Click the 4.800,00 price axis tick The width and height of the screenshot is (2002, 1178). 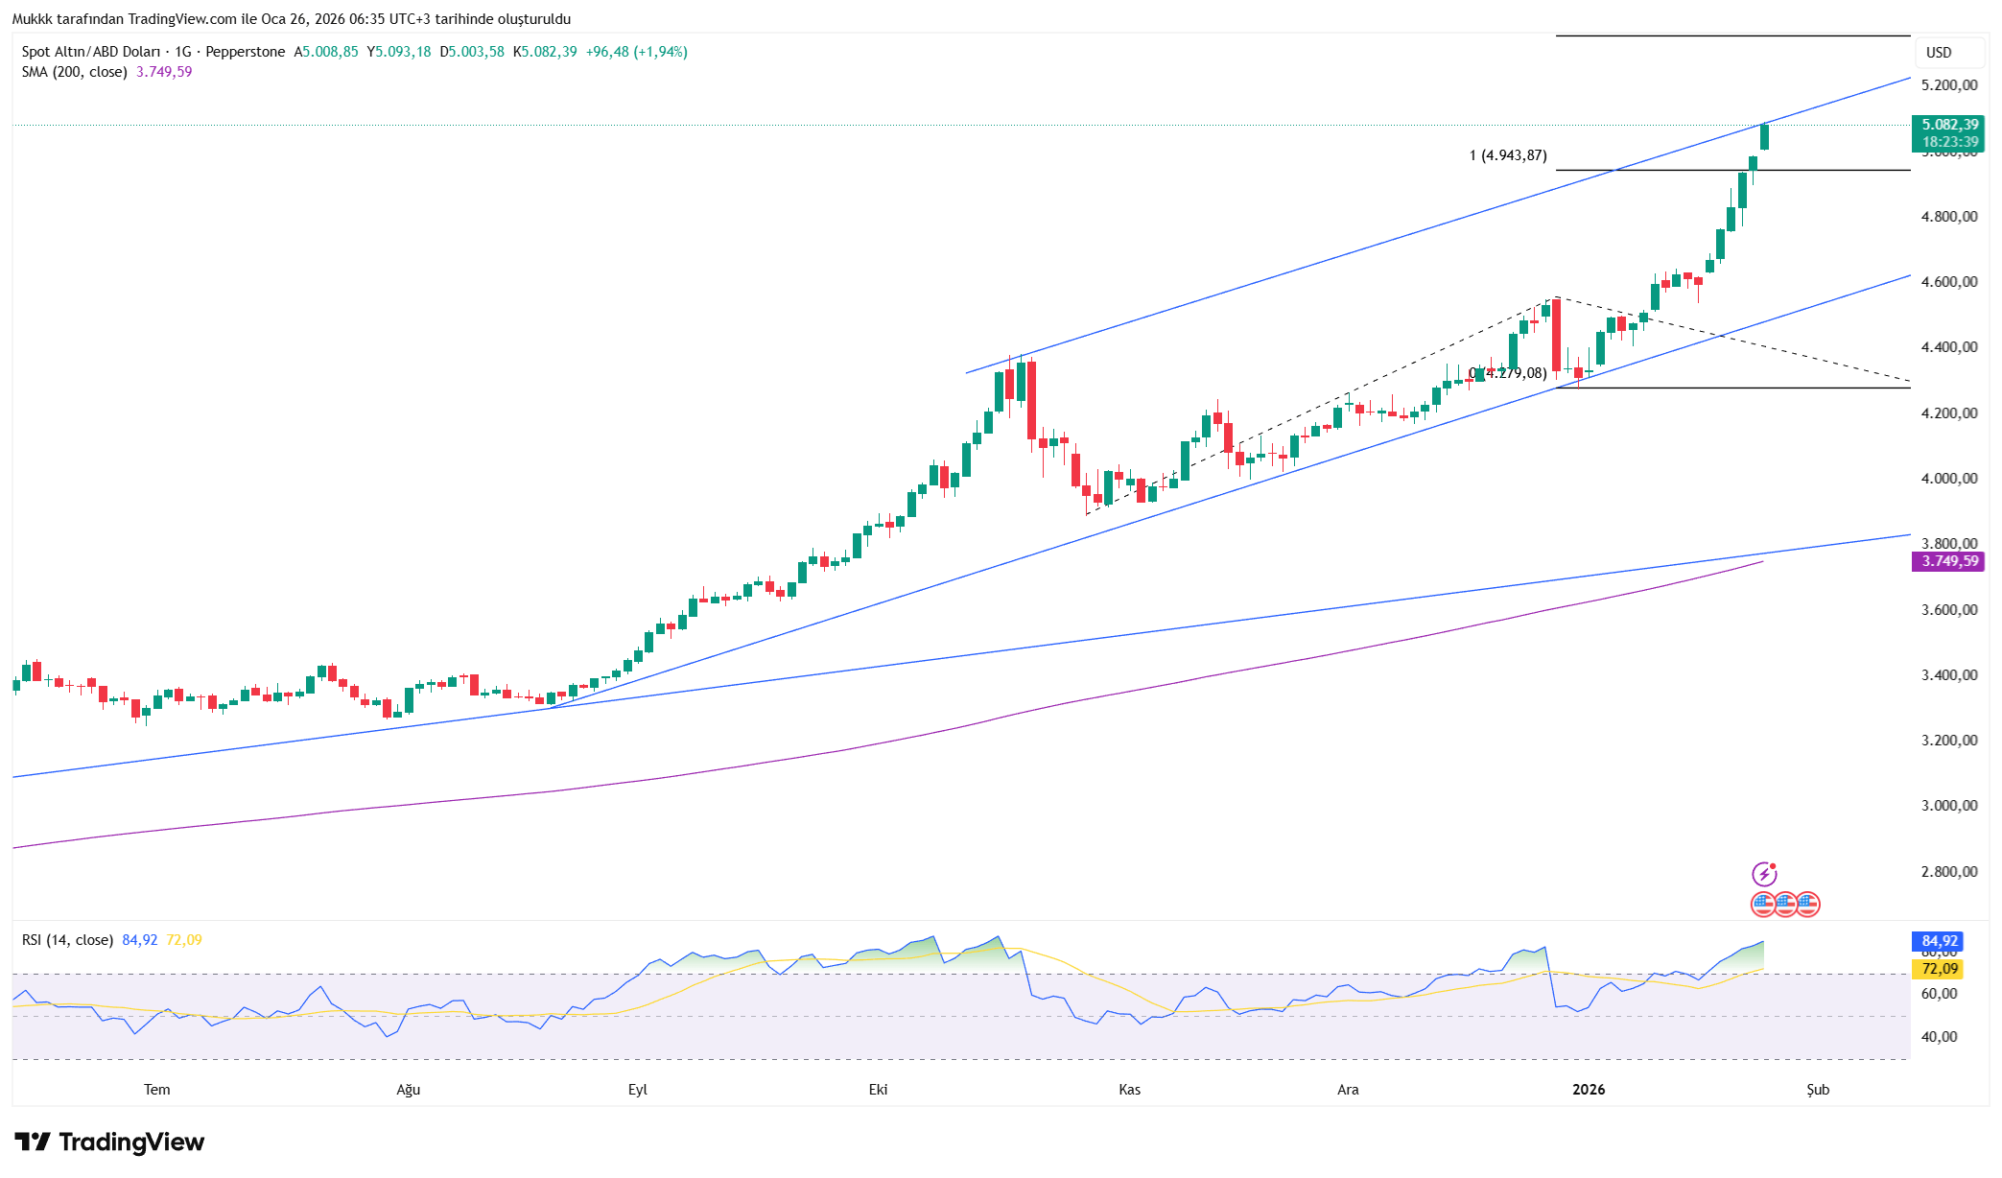(x=1948, y=217)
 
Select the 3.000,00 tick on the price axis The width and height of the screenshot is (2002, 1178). (x=1948, y=806)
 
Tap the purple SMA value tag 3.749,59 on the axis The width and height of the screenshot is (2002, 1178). (x=1948, y=561)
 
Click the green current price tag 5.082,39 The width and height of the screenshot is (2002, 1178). (x=1948, y=126)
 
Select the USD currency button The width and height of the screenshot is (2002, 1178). (x=1939, y=53)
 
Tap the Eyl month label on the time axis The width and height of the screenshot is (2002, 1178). (x=637, y=1090)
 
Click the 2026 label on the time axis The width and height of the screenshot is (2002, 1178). (x=1589, y=1090)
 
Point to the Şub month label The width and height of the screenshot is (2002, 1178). (x=1818, y=1090)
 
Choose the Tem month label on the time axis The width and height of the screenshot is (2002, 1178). (x=156, y=1090)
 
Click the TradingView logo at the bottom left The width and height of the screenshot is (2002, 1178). (x=109, y=1142)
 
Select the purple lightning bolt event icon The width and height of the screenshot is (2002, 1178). (x=1764, y=874)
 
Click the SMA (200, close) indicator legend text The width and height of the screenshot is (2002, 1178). (x=75, y=72)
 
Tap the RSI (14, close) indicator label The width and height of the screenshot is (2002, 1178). (x=67, y=940)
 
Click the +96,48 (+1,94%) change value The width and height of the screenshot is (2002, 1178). (x=636, y=52)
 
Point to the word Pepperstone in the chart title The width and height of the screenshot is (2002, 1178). (x=245, y=52)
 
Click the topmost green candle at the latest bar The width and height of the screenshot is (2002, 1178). (x=1764, y=137)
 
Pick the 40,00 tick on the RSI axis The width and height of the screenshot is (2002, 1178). (x=1939, y=1037)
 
